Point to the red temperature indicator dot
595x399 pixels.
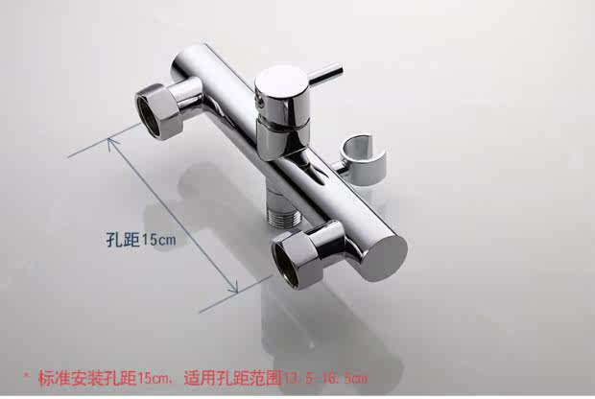tap(257, 100)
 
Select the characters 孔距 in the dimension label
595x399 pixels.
tap(120, 239)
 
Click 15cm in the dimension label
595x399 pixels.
tap(158, 239)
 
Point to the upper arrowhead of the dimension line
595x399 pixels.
tap(112, 140)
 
